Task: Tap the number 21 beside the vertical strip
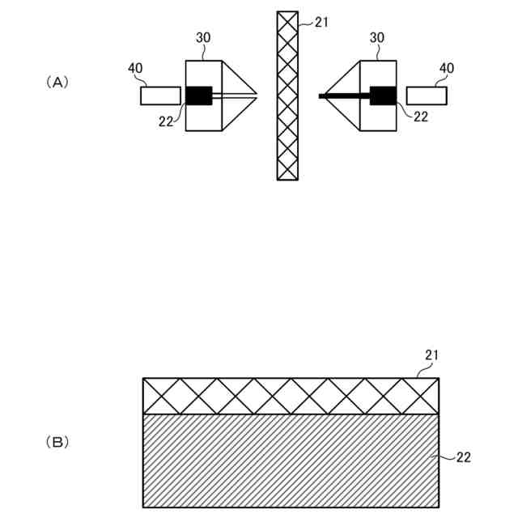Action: tap(322, 23)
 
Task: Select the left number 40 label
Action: tap(136, 68)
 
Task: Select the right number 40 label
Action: tap(447, 68)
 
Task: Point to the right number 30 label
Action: tap(377, 38)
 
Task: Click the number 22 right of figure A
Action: tap(421, 117)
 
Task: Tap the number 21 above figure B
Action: tap(431, 355)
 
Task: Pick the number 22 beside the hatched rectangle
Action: tap(463, 457)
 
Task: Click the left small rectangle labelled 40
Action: tap(160, 96)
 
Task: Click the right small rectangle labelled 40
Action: tap(427, 96)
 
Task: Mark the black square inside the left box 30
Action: tap(199, 96)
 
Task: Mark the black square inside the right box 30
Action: tap(383, 96)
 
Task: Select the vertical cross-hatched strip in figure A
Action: tap(287, 96)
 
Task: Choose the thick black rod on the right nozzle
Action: tap(345, 96)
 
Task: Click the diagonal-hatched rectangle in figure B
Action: tap(291, 460)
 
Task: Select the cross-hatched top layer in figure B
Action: tap(291, 396)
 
